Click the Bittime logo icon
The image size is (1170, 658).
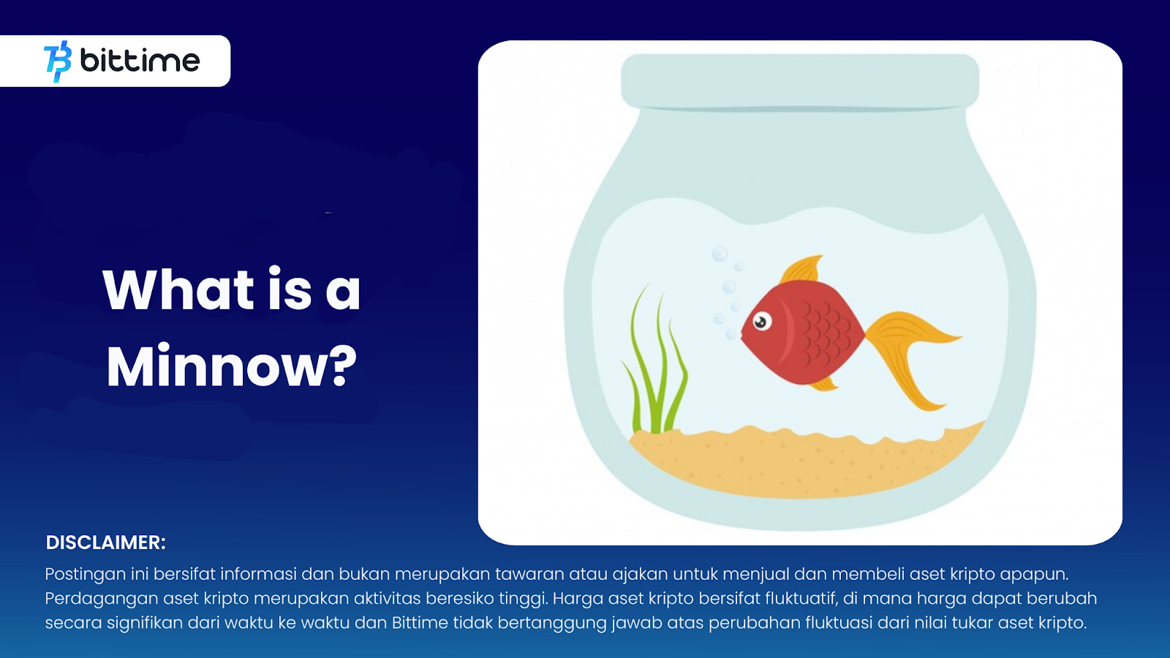[x=58, y=61]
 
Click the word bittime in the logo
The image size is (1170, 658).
[x=140, y=61]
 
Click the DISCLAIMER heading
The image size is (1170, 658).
[x=105, y=542]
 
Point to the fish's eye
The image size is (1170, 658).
[x=761, y=322]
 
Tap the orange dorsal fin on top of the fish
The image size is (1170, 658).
[x=801, y=270]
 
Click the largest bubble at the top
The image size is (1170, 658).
[x=720, y=254]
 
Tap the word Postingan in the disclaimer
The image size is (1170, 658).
[x=85, y=575]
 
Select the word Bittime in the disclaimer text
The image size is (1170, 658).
[x=420, y=623]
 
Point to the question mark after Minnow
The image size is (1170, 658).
[x=344, y=366]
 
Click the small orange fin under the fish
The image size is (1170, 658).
[x=823, y=385]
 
